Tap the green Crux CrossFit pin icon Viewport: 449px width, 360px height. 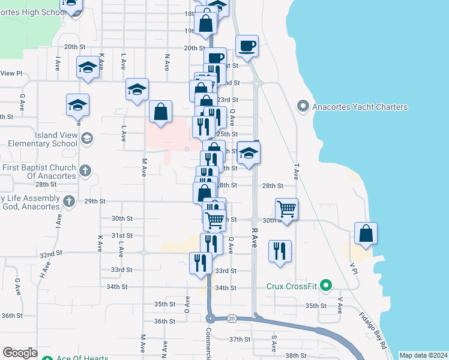(x=326, y=286)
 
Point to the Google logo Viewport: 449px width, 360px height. (x=20, y=353)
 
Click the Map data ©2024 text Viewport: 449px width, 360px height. (x=423, y=355)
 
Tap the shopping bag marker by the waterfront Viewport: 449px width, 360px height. (x=366, y=233)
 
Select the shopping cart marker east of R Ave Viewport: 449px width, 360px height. (x=287, y=209)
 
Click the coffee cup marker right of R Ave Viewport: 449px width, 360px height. (x=247, y=46)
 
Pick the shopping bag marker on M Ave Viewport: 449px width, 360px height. (x=160, y=112)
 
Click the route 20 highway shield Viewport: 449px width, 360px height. (x=232, y=319)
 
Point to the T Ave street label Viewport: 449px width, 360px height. (x=296, y=172)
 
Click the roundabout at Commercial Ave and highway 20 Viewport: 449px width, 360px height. (x=211, y=318)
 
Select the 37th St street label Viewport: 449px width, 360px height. (x=239, y=340)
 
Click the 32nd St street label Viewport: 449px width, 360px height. (x=51, y=254)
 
